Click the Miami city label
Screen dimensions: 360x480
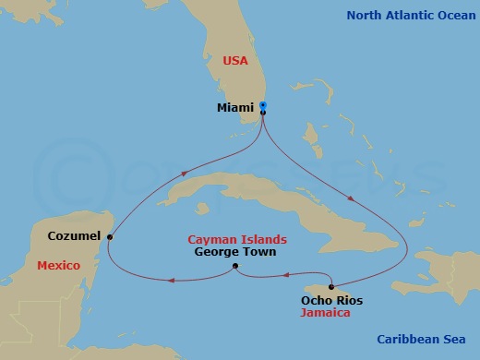coord(235,108)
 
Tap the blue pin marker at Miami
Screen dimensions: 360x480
coord(263,106)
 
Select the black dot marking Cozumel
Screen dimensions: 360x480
coord(110,237)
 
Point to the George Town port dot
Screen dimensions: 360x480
coord(235,267)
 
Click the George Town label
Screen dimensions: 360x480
coord(235,251)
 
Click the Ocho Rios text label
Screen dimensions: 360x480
coord(332,301)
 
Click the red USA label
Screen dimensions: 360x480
coord(236,61)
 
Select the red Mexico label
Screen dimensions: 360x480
coord(58,266)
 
